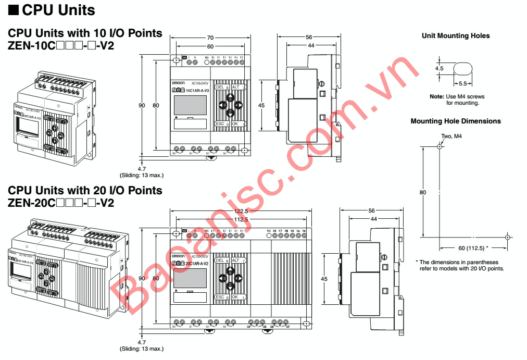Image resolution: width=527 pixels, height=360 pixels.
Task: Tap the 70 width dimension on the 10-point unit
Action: pos(210,38)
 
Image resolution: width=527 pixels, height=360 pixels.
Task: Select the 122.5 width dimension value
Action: pos(241,212)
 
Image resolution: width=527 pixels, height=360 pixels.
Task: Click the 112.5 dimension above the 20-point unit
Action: pos(241,219)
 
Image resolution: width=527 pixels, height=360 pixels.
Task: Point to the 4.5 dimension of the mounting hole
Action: pos(439,68)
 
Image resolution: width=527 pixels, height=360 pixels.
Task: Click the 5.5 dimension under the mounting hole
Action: pos(462,84)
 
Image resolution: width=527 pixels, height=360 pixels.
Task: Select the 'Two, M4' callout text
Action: pos(451,136)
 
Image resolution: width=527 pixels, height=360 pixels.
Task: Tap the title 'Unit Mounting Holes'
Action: pos(456,36)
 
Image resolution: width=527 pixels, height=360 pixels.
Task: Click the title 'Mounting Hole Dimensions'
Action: pos(456,121)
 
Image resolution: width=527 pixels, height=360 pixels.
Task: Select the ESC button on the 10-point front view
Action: pos(220,123)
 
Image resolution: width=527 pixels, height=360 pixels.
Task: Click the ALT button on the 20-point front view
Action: pos(235,260)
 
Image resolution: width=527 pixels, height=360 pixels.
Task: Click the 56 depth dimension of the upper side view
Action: pos(309,38)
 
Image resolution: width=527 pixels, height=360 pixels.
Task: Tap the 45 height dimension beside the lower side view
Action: pos(324,279)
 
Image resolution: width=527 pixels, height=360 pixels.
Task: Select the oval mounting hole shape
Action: pos(463,69)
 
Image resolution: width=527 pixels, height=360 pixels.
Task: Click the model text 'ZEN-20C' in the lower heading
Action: pos(32,203)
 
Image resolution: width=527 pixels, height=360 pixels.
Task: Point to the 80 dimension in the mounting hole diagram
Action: pos(423,192)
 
